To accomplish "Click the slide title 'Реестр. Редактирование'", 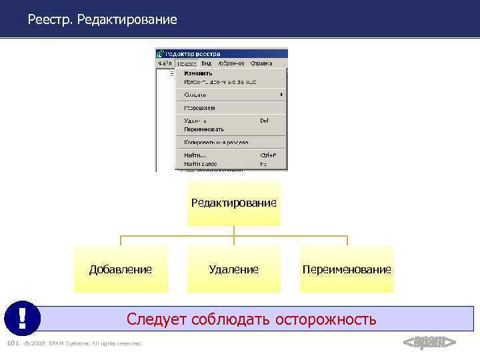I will pyautogui.click(x=103, y=20).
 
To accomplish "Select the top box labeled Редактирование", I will pyautogui.click(x=233, y=203).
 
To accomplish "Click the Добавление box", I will pyautogui.click(x=121, y=269).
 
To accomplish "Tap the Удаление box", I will pyautogui.click(x=233, y=269).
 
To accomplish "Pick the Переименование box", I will pyautogui.click(x=347, y=269).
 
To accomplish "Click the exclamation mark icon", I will pyautogui.click(x=22, y=319).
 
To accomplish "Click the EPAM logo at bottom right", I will pyautogui.click(x=429, y=343).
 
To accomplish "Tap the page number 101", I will pyautogui.click(x=11, y=343).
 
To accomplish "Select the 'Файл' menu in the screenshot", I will pyautogui.click(x=165, y=63).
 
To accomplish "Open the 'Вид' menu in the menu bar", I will pyautogui.click(x=207, y=63).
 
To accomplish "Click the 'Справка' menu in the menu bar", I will pyautogui.click(x=261, y=63).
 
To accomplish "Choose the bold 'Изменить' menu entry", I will pyautogui.click(x=199, y=73).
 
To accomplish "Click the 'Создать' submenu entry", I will pyautogui.click(x=195, y=95).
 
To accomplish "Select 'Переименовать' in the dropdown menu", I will pyautogui.click(x=204, y=129).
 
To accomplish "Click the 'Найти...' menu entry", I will pyautogui.click(x=195, y=155).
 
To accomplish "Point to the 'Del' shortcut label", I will pyautogui.click(x=264, y=121).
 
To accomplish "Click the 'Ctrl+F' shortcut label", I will pyautogui.click(x=268, y=155).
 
